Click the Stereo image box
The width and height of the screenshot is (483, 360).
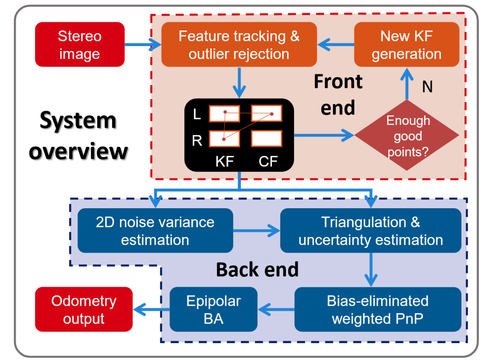pos(80,44)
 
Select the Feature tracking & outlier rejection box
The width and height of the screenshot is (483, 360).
pos(239,44)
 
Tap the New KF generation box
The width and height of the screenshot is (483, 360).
pos(406,44)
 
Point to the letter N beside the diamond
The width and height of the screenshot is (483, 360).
pos(428,87)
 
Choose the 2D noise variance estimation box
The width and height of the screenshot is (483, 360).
pos(155,231)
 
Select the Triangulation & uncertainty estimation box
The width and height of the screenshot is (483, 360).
pos(370,231)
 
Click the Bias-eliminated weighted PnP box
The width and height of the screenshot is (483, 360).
pos(377,310)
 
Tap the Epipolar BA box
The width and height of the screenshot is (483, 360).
pos(213,310)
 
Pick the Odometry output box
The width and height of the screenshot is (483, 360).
pos(84,310)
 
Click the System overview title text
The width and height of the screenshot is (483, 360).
pos(78,136)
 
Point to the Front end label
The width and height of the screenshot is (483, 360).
pos(338,95)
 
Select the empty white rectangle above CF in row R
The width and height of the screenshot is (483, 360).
pos(266,138)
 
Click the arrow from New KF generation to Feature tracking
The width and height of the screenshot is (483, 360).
pos(336,45)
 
